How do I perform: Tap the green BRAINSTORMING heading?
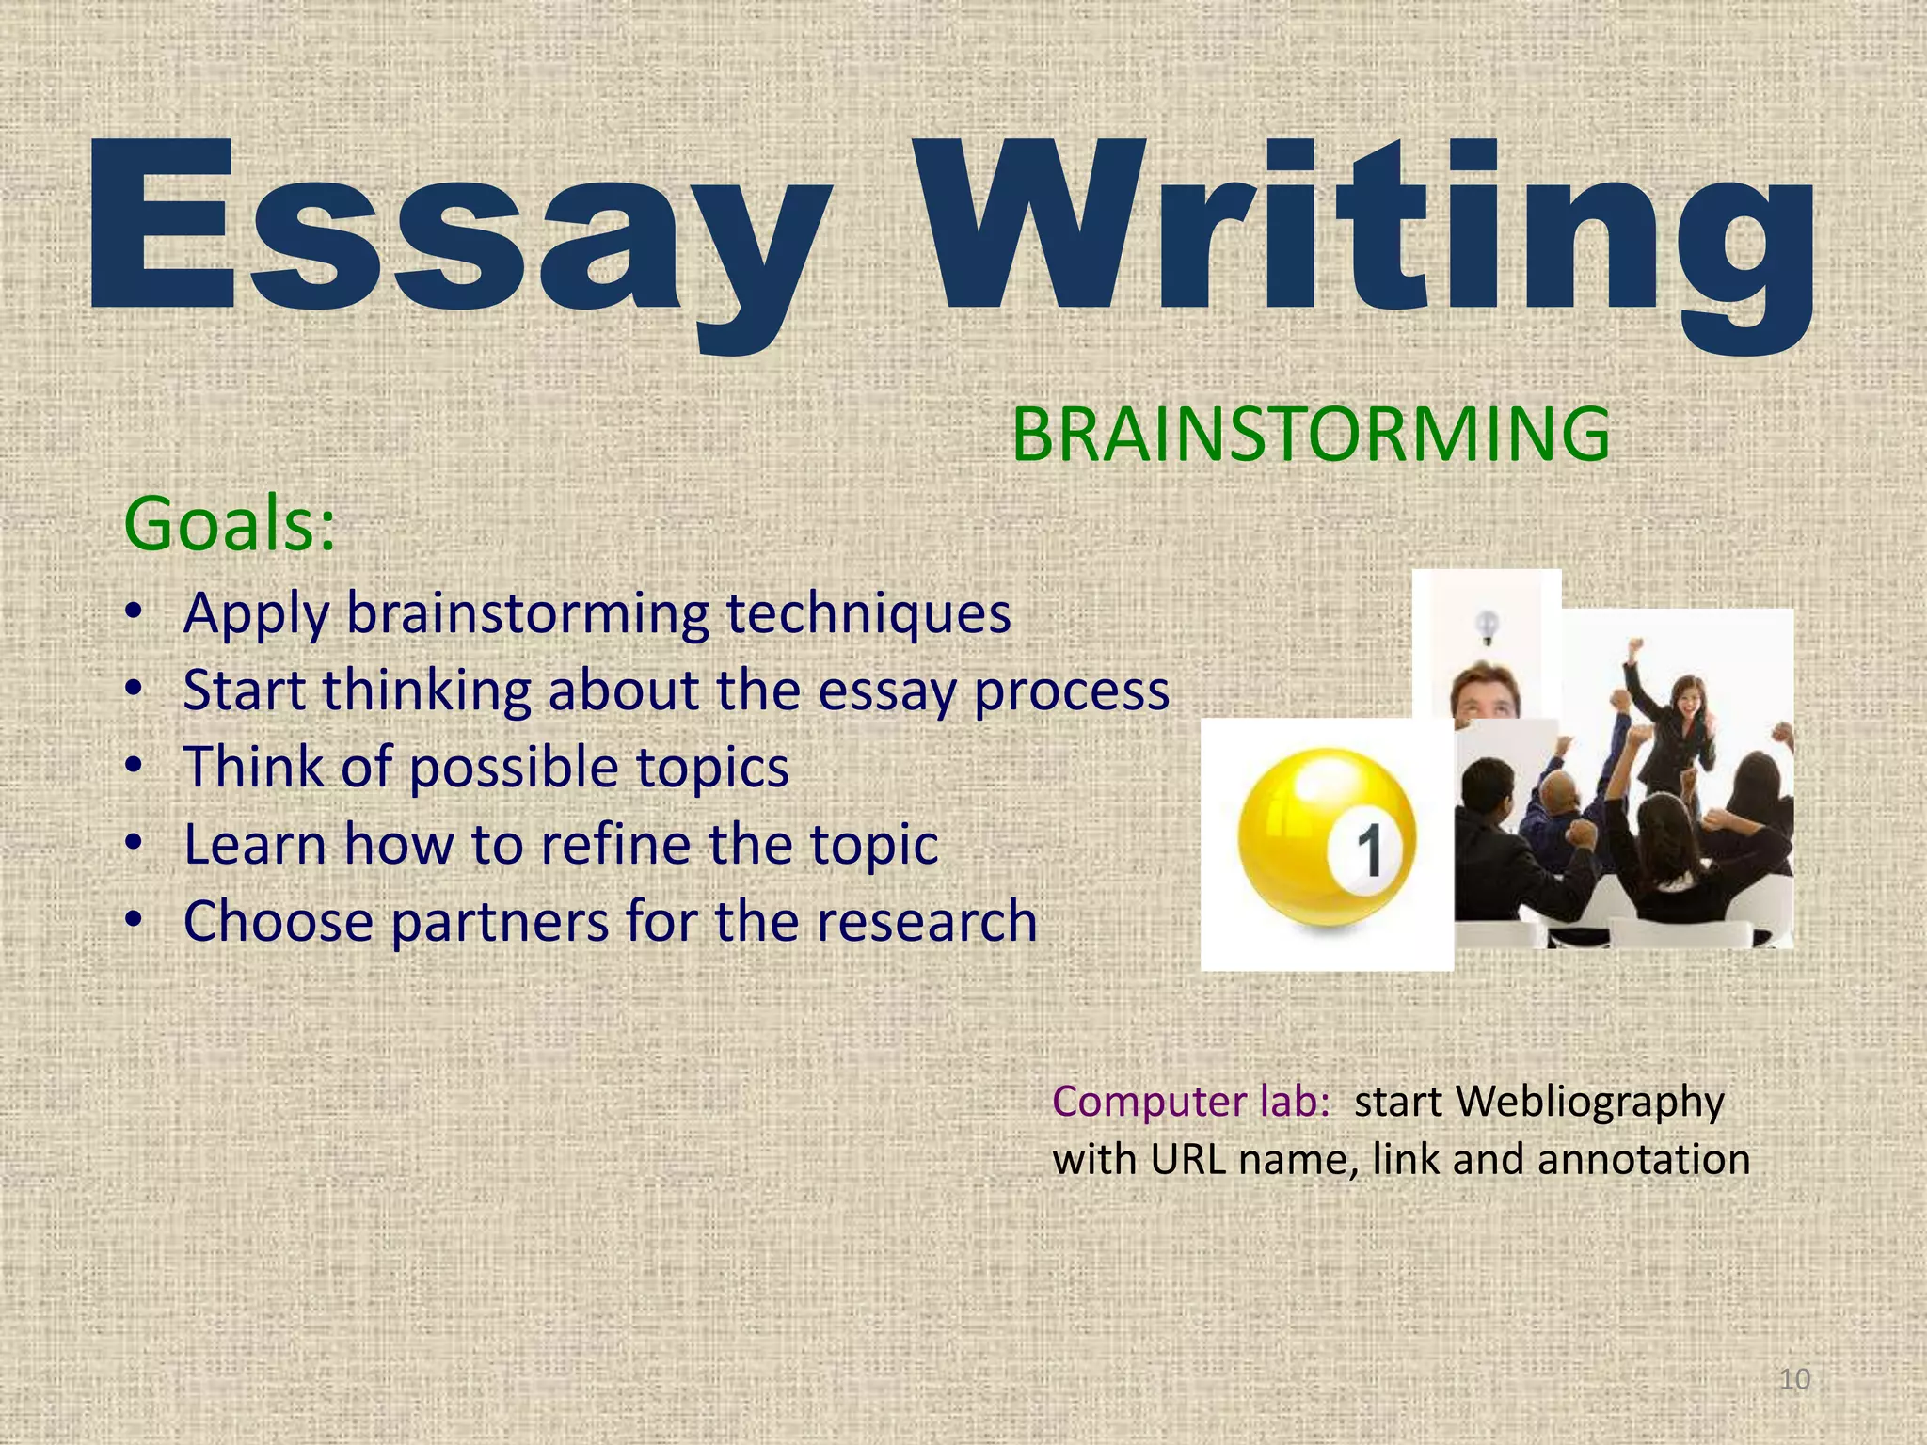click(x=1311, y=434)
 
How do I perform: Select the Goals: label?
click(x=230, y=524)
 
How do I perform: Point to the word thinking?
click(x=427, y=691)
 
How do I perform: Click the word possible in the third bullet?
click(x=514, y=768)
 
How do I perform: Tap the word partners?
click(x=500, y=921)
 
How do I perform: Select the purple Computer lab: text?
click(x=1190, y=1102)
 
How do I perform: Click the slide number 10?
click(x=1794, y=1379)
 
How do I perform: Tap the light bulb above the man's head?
click(x=1487, y=626)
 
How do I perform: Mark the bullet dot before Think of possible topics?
click(x=134, y=766)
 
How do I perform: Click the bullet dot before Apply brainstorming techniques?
click(x=134, y=612)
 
